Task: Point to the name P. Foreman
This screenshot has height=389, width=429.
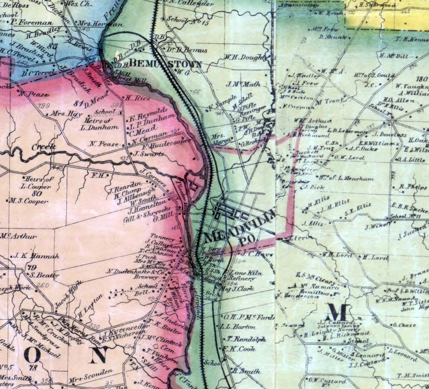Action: pos(32,22)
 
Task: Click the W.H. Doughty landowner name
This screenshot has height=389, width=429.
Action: pos(245,57)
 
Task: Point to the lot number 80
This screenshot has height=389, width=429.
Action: pos(37,194)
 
